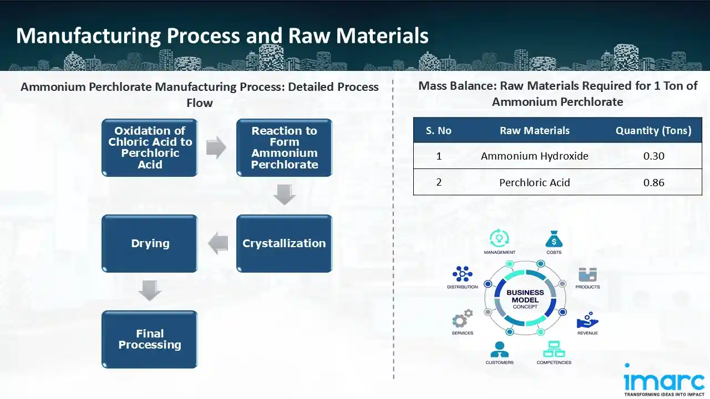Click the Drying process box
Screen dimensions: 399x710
(149, 243)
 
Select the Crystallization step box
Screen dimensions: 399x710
(284, 243)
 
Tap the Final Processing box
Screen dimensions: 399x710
(149, 339)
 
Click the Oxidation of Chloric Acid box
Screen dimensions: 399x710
(149, 147)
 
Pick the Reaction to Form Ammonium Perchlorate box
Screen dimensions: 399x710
(284, 147)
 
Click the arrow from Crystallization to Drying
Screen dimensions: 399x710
(217, 243)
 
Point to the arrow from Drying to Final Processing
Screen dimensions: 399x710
(150, 291)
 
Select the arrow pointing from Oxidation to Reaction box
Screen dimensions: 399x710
(216, 147)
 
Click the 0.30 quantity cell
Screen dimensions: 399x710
(653, 156)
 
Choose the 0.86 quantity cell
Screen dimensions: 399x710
(653, 182)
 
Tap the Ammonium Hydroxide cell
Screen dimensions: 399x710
(534, 156)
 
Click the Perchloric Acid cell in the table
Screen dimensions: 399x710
(534, 182)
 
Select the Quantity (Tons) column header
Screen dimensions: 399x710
(653, 131)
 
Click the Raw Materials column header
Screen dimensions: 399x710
(534, 131)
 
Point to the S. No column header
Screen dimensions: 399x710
(439, 131)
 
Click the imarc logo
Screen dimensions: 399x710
(664, 380)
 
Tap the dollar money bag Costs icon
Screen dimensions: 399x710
(554, 239)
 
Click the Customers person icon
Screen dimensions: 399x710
(499, 349)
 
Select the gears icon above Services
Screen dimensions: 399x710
(462, 319)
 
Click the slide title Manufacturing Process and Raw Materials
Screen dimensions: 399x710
(222, 36)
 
